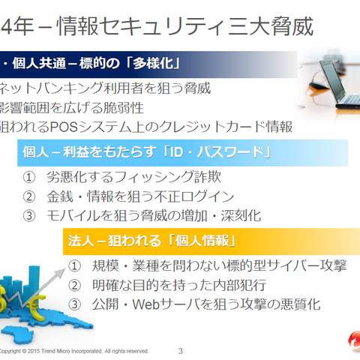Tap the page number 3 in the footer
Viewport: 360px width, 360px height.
(180, 350)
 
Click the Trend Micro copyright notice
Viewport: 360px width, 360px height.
(75, 350)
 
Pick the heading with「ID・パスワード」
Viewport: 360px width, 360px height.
(150, 153)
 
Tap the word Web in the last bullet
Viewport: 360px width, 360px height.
(152, 304)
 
